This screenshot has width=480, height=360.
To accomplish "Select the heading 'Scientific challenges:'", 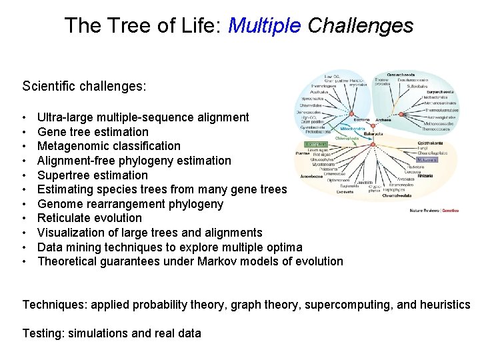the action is pos(84,87).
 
